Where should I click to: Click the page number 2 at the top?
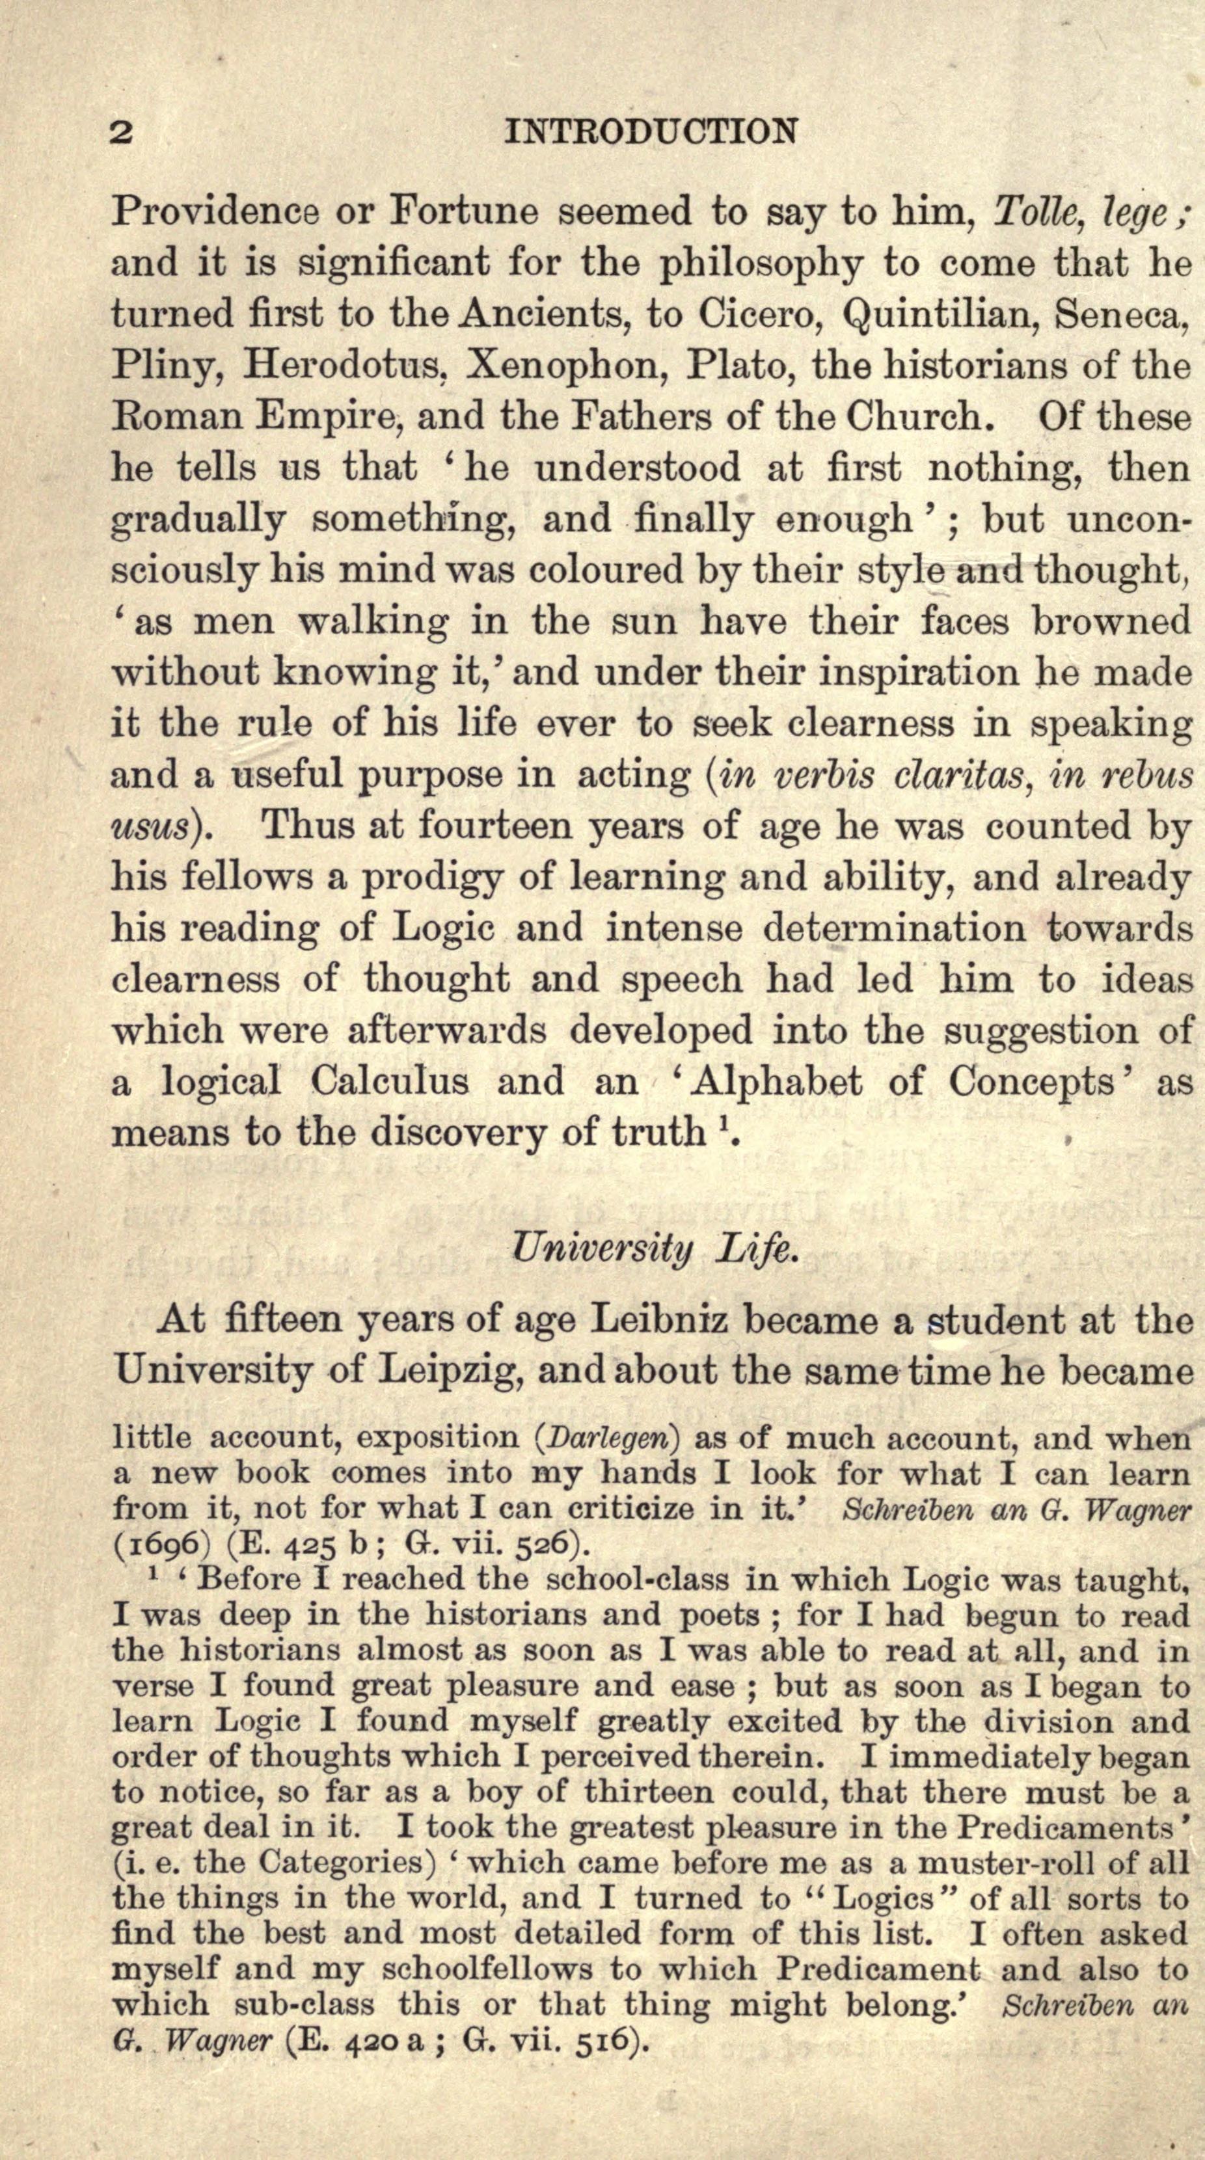pyautogui.click(x=122, y=131)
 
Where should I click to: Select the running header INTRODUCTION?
pyautogui.click(x=650, y=131)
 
